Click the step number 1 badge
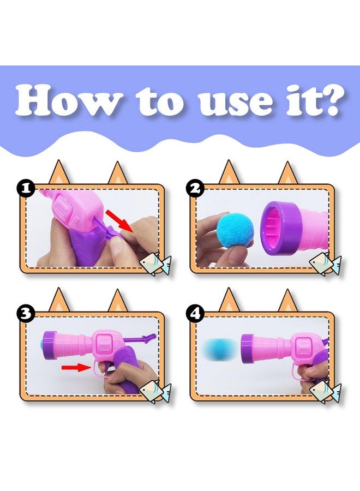26,188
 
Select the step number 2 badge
195,189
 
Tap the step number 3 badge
26,314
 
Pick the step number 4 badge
195,314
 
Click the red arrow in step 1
119,220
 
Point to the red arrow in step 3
76,367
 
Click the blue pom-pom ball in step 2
231,231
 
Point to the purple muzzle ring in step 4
247,349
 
